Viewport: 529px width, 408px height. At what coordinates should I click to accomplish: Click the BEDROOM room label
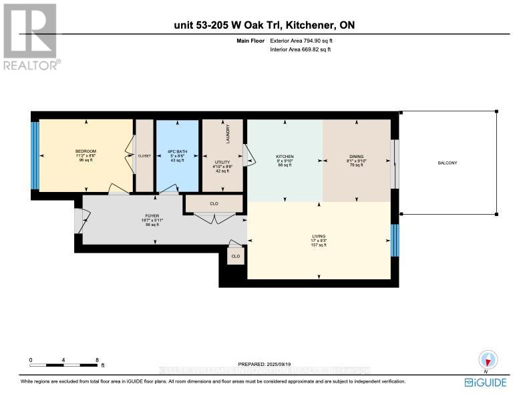click(x=85, y=151)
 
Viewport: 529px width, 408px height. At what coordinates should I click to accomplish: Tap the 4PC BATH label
click(x=177, y=151)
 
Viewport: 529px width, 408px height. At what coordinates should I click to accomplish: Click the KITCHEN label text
click(x=285, y=157)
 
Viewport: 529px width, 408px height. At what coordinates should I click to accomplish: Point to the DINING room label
click(x=355, y=157)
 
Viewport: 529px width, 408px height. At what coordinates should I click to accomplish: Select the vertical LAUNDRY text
click(x=228, y=134)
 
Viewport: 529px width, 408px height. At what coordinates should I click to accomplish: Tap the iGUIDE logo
click(x=486, y=382)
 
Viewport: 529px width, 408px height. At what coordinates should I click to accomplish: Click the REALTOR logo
click(x=31, y=37)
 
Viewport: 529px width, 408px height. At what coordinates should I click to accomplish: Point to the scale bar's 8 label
click(x=98, y=360)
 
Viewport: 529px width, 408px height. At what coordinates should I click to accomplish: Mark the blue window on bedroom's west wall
click(x=35, y=155)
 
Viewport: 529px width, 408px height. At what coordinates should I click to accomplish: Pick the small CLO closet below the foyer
click(x=236, y=256)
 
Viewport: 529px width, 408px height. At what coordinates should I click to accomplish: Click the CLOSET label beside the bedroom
click(x=144, y=155)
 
